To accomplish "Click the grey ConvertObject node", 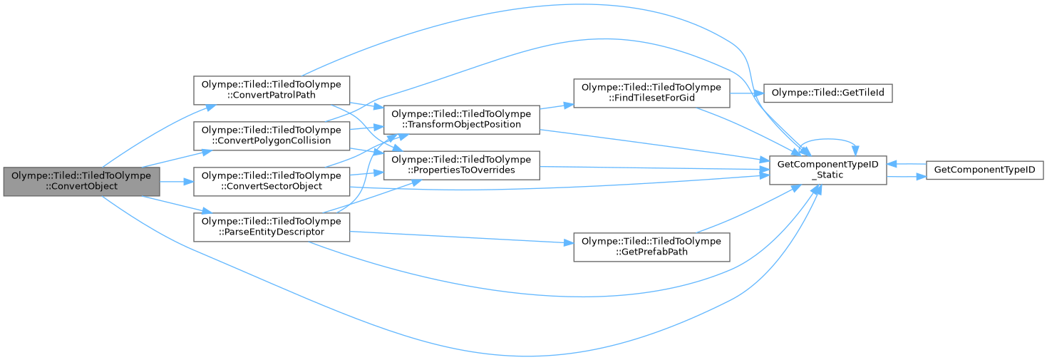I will tap(81, 181).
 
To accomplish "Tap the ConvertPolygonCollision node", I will tap(272, 135).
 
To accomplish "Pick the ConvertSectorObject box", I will tap(272, 181).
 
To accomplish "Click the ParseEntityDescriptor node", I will tap(272, 226).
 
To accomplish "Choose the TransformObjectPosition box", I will tap(461, 119).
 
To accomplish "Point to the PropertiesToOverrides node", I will tap(461, 164).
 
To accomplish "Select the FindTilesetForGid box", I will tap(651, 93).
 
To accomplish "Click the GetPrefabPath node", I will tap(651, 246).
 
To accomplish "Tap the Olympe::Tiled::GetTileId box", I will tap(827, 93).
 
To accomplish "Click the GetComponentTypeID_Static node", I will tap(827, 170).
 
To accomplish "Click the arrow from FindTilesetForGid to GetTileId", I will tap(746, 93).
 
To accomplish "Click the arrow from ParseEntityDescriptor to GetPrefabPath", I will tap(463, 237).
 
